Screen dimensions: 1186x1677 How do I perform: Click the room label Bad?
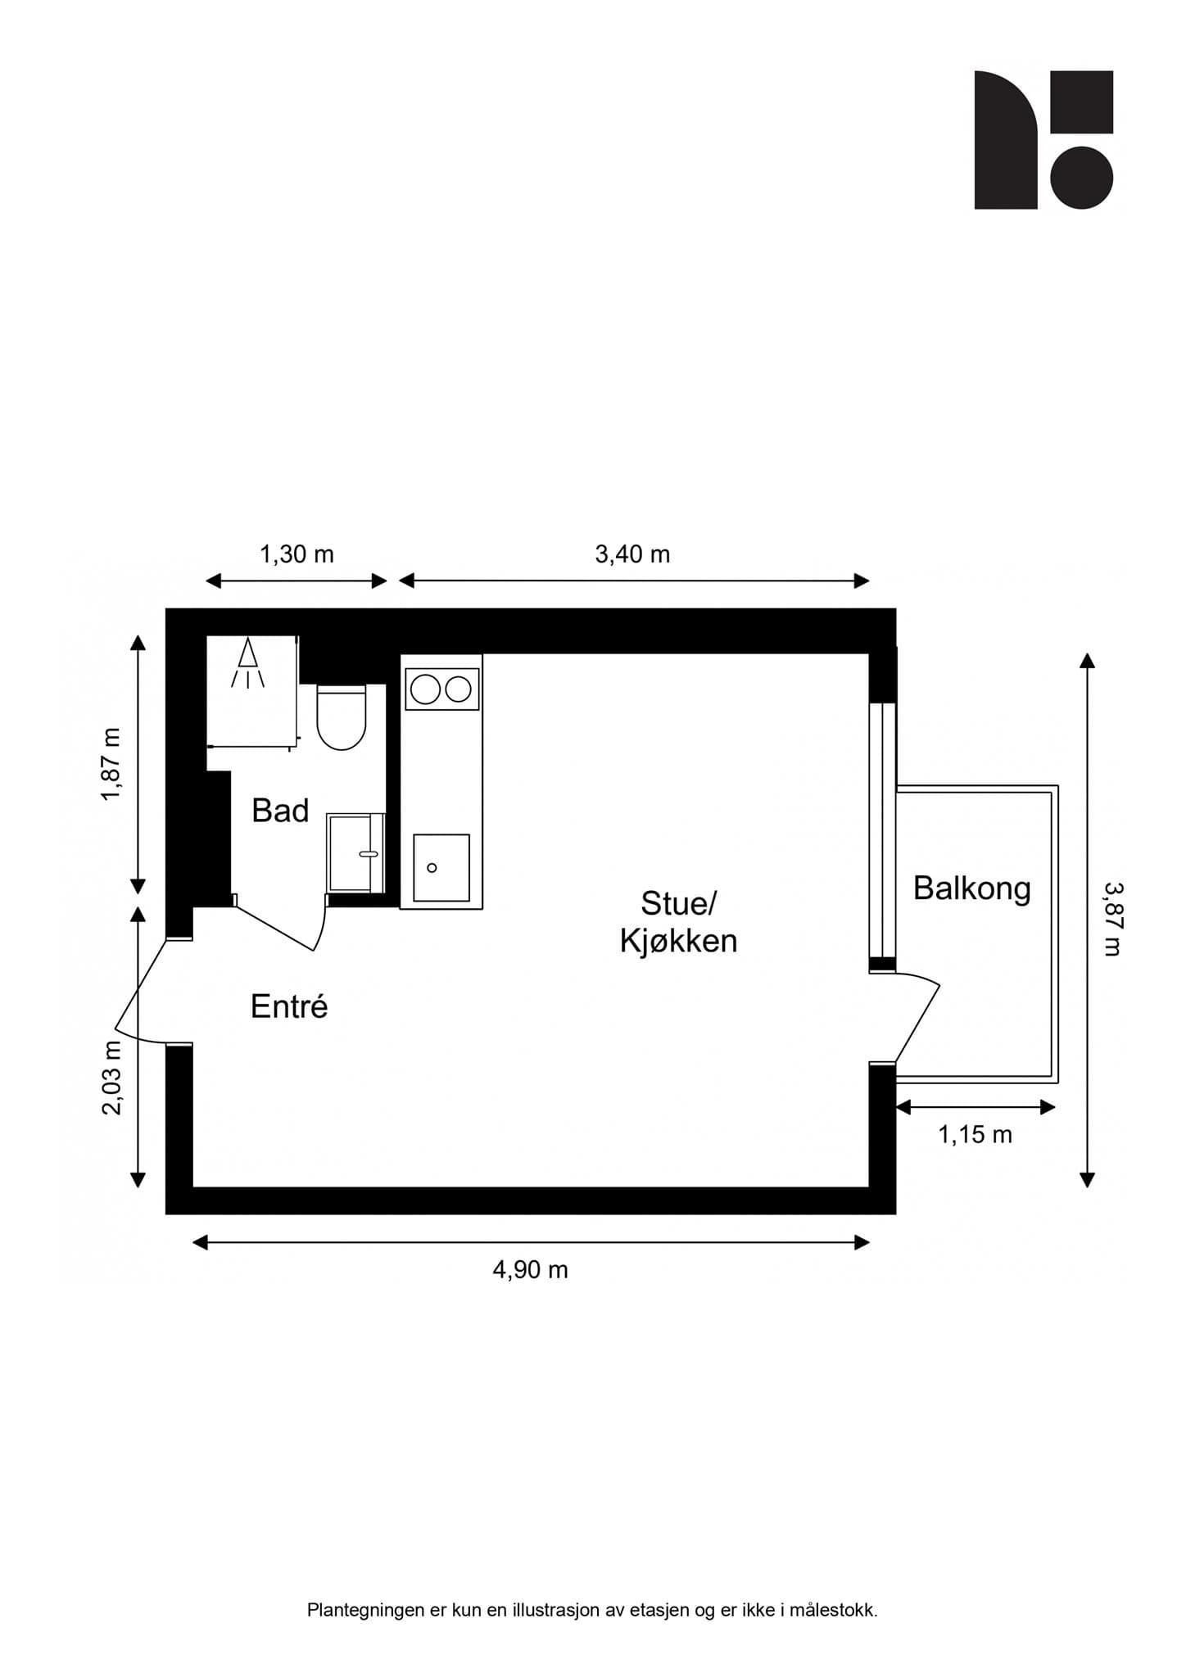click(280, 811)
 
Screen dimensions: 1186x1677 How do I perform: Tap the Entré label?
click(289, 1006)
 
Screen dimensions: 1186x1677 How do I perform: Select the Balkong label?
click(972, 889)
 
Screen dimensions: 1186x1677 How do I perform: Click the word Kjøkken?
click(678, 941)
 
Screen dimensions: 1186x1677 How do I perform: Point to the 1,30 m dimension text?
click(296, 555)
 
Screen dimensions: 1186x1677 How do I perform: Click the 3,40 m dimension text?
click(632, 555)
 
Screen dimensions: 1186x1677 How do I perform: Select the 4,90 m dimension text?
click(530, 1270)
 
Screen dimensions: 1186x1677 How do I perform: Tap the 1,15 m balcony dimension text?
click(975, 1135)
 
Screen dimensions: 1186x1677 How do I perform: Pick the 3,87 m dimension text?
click(1111, 919)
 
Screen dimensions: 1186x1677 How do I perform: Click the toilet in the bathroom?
click(342, 718)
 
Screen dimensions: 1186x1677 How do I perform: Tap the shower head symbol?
click(247, 663)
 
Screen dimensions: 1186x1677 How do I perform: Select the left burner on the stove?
click(425, 689)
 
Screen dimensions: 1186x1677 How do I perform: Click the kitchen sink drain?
click(432, 868)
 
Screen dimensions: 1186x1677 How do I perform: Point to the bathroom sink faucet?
click(368, 854)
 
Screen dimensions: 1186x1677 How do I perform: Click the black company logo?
click(1043, 140)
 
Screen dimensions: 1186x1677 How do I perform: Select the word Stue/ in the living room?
click(678, 904)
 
